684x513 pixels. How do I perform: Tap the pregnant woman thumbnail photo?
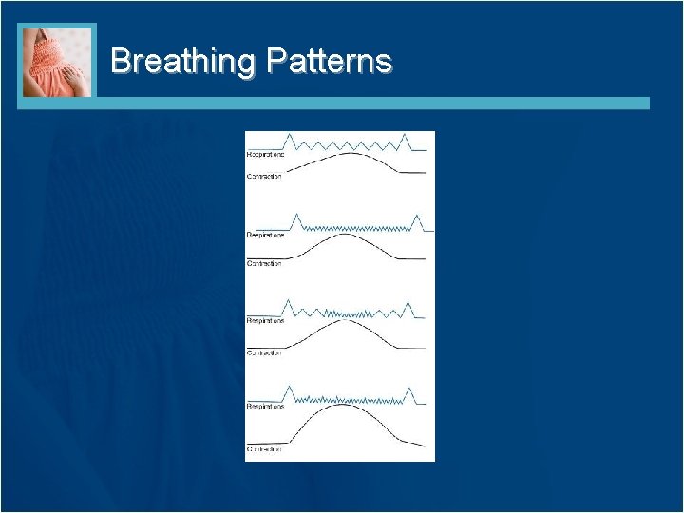click(57, 62)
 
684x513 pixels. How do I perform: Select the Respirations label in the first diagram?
click(265, 154)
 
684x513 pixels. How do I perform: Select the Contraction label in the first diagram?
click(264, 176)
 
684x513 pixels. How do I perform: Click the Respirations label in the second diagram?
click(265, 235)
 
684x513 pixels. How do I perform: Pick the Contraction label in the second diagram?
click(264, 263)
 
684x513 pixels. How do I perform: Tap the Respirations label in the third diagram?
click(265, 321)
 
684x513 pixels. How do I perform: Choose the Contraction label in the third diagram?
click(264, 352)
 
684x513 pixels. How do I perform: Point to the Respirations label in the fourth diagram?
click(265, 406)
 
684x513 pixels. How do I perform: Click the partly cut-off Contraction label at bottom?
click(264, 448)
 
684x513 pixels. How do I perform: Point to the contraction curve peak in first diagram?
click(351, 153)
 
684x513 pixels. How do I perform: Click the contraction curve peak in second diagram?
click(348, 235)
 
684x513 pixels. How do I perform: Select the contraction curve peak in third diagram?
click(348, 320)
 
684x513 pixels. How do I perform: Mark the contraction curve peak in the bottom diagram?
click(348, 406)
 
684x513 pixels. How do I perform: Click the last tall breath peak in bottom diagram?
click(410, 389)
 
